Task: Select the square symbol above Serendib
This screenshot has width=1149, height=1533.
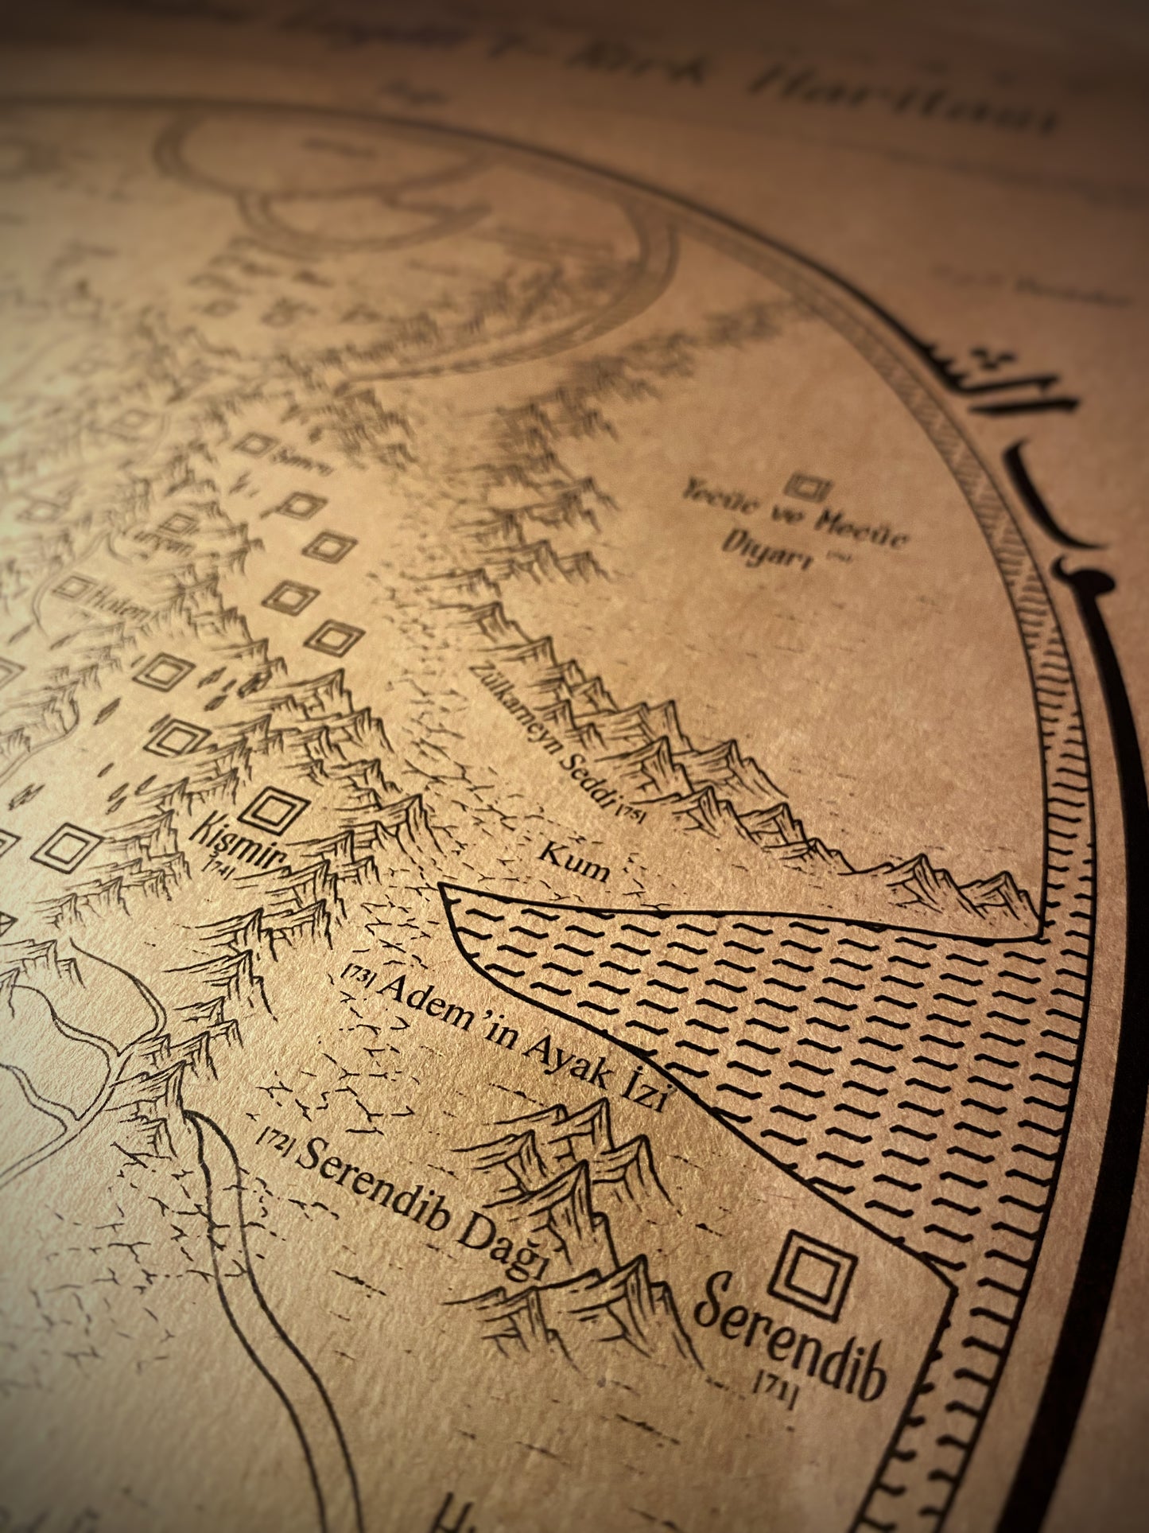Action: (815, 1268)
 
